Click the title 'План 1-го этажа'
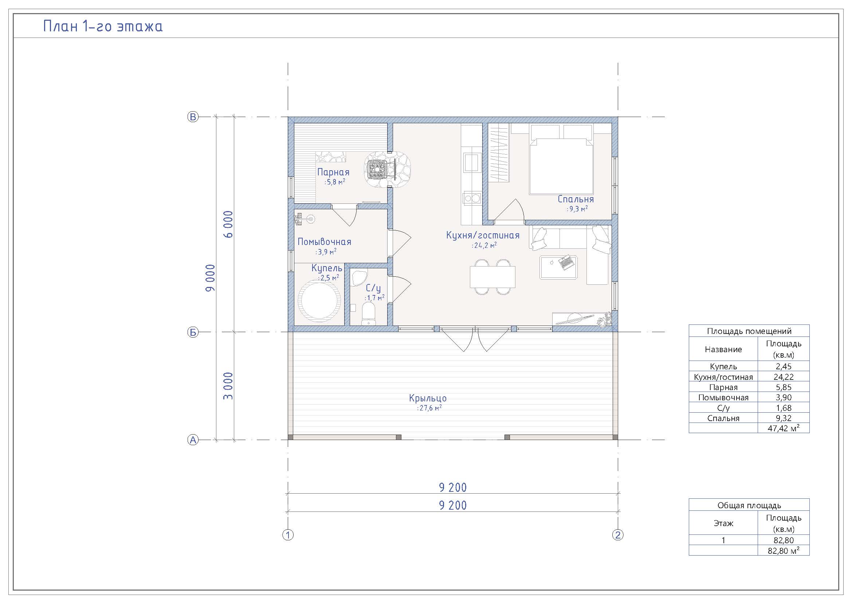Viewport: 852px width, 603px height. point(103,26)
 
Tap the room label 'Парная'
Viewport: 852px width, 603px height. point(333,172)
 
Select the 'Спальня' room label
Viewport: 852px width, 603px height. point(576,199)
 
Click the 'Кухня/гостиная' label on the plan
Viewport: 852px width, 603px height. point(483,236)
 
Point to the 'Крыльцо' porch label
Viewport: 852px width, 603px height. point(428,398)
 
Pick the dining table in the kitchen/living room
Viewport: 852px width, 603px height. point(492,277)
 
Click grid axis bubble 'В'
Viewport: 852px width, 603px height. point(193,117)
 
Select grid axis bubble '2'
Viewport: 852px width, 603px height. point(618,535)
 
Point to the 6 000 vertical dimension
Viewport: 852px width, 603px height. point(229,224)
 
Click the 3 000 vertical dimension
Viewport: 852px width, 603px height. point(229,386)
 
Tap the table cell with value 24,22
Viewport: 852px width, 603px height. point(784,377)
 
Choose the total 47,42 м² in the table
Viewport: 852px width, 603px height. point(784,428)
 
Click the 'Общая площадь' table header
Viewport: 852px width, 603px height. point(749,505)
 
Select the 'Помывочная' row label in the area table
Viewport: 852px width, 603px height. point(723,398)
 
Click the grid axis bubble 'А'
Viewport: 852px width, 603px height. point(193,440)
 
